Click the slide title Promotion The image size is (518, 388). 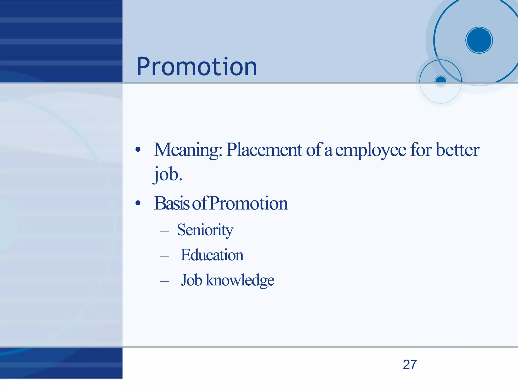(x=197, y=67)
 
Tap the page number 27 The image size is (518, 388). (x=410, y=364)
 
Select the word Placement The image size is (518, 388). (x=264, y=150)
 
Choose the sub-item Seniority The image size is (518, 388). (x=205, y=230)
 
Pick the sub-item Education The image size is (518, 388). (x=212, y=255)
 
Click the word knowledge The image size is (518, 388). (x=240, y=280)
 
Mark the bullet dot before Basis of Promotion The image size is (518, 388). (x=138, y=203)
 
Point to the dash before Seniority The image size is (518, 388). (x=165, y=231)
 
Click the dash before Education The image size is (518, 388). (x=165, y=256)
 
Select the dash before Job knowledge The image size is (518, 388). (x=165, y=281)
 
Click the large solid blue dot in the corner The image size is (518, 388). (x=479, y=40)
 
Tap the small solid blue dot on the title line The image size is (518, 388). (x=441, y=81)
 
